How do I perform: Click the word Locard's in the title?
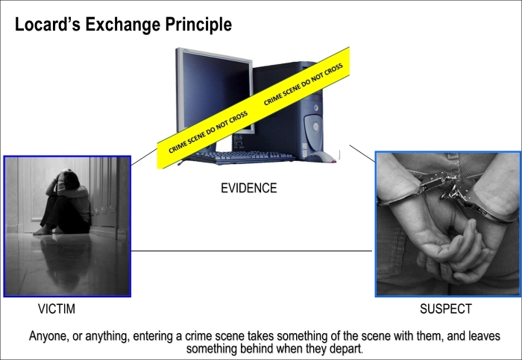click(x=48, y=25)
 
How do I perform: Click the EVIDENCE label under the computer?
click(x=248, y=188)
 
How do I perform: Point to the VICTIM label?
click(x=57, y=309)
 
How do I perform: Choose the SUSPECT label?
click(x=446, y=309)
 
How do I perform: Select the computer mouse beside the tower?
click(x=320, y=157)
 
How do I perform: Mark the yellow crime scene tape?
click(x=253, y=107)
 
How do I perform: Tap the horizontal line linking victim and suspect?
click(x=252, y=251)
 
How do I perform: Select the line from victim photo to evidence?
click(x=144, y=157)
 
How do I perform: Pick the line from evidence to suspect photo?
click(x=362, y=154)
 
